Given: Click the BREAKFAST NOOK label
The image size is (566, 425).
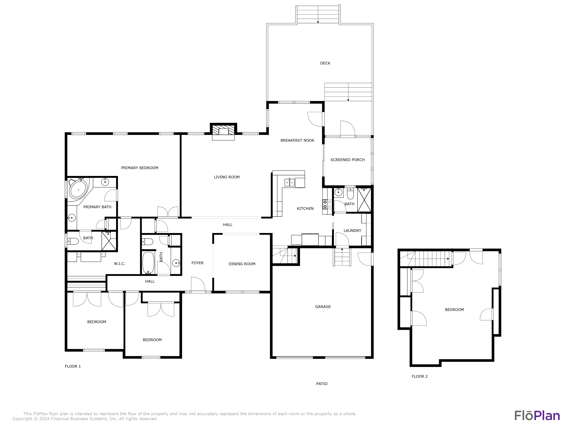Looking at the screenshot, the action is [297, 140].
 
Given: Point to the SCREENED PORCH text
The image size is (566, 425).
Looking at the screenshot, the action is [348, 160].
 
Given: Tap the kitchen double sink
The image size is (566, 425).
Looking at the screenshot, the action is [290, 182].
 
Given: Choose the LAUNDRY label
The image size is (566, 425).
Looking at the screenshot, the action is [352, 230].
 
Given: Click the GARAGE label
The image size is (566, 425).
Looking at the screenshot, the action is [323, 307].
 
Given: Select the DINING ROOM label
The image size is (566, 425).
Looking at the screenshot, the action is [242, 264].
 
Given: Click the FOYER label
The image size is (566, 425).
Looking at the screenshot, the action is [198, 263].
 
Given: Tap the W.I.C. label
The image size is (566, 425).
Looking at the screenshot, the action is [119, 264].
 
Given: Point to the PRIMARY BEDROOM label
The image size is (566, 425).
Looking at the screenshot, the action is [140, 168].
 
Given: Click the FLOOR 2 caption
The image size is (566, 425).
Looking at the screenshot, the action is [420, 376].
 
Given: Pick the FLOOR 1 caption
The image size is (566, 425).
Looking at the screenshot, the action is [73, 366].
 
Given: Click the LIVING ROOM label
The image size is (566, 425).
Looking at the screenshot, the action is [227, 177].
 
